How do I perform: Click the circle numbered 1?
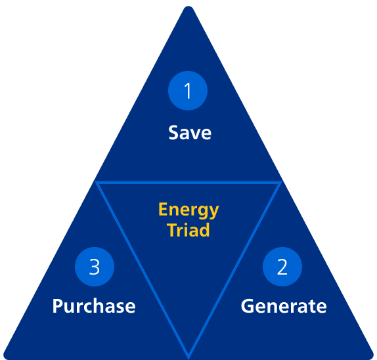[x=188, y=91]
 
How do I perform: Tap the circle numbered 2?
[x=282, y=267]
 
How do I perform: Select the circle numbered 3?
[x=95, y=267]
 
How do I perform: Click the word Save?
[x=190, y=133]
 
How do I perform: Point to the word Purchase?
[x=94, y=306]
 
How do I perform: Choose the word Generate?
[x=284, y=306]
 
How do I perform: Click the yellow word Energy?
[x=188, y=210]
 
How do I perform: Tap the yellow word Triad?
[x=188, y=230]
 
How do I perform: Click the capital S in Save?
[x=174, y=133]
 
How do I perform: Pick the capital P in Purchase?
[x=58, y=306]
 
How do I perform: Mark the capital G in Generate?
[x=248, y=306]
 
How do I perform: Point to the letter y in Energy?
[x=213, y=213]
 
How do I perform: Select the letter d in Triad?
[x=204, y=230]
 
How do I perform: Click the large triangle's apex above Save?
[x=188, y=7]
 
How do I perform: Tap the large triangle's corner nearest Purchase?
[x=5, y=357]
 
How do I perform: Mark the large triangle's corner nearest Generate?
[x=372, y=357]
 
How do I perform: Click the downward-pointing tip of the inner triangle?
[x=188, y=357]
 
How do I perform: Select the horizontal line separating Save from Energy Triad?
[x=188, y=183]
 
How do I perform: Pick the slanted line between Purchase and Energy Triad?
[x=142, y=270]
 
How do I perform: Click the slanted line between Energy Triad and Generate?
[x=235, y=270]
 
